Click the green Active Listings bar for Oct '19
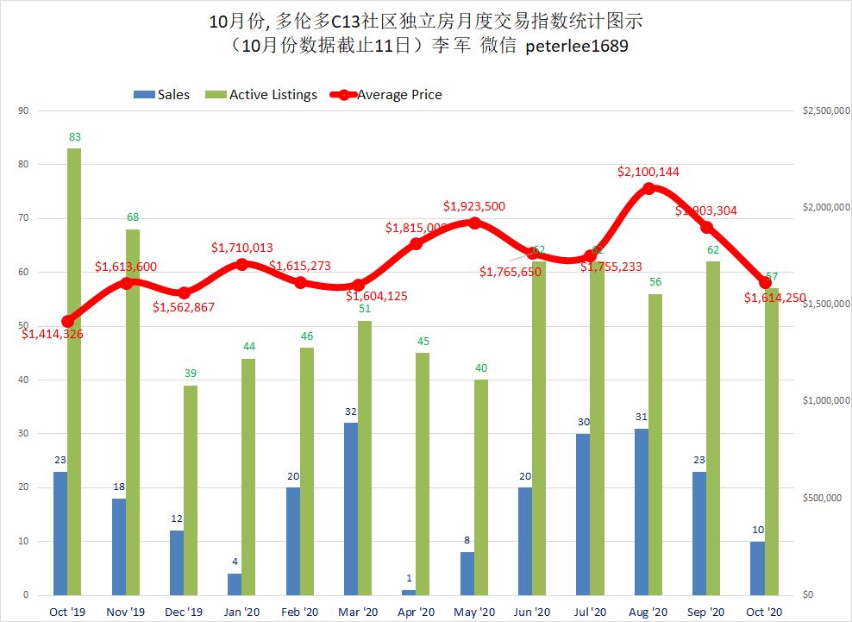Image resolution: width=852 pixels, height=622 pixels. [74, 371]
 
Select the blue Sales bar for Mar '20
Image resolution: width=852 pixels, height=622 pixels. [350, 509]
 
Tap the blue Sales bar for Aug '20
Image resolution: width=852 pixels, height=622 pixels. [641, 512]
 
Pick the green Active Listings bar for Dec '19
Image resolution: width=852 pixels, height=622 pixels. [191, 490]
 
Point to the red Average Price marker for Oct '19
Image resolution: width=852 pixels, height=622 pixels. [68, 321]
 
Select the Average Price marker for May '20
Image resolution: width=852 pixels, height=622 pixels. [474, 223]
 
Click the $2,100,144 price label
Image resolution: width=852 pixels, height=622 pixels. [648, 172]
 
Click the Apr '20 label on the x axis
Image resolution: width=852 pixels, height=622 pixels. [417, 612]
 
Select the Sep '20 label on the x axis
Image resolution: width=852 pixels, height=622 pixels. [706, 612]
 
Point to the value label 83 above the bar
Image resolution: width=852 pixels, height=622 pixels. [74, 136]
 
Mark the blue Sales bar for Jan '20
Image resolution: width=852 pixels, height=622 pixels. [235, 584]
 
